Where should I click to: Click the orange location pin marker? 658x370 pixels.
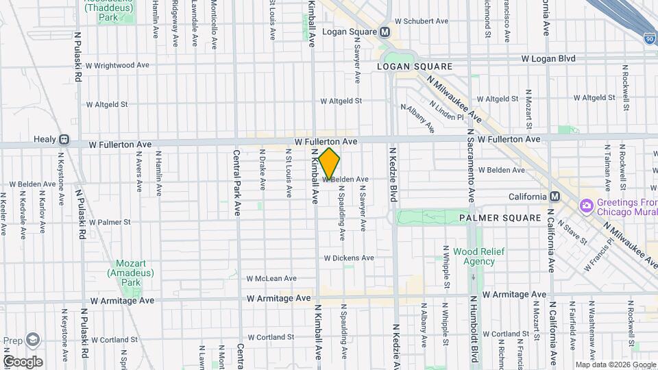coord(330,164)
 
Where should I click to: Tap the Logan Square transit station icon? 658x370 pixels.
coord(385,32)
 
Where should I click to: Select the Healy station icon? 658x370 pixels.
coord(64,139)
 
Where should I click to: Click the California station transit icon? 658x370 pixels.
coord(555,197)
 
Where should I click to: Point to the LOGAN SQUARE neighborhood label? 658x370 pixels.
coord(415,66)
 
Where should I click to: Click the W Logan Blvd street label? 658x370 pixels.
coord(548,59)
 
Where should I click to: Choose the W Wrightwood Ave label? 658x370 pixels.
coord(117,65)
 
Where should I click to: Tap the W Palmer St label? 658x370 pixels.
coord(109,222)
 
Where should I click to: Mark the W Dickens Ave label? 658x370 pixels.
coord(349,258)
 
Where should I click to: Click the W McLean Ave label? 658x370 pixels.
coord(272,278)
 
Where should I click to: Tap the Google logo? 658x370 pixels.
coord(23,361)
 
